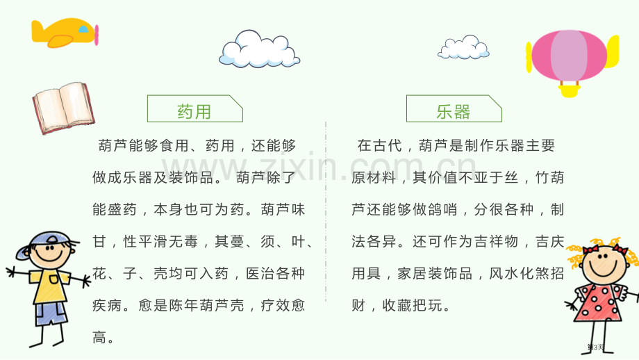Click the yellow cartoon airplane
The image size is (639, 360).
(65, 33)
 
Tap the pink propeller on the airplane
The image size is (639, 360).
(97, 35)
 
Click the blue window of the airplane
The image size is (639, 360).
(83, 29)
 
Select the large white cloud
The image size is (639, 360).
(260, 49)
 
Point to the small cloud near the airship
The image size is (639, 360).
(463, 47)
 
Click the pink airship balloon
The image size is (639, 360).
(570, 56)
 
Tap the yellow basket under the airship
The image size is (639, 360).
(570, 91)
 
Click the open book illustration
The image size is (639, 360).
(63, 108)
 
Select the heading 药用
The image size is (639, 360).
(194, 112)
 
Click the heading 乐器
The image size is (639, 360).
(453, 112)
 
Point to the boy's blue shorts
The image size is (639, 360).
(51, 313)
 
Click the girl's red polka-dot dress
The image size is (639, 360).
(598, 302)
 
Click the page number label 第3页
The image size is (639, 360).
(595, 347)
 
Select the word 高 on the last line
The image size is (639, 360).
(99, 338)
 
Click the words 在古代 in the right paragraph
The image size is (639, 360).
(380, 145)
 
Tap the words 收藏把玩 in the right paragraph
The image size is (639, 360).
(412, 305)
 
